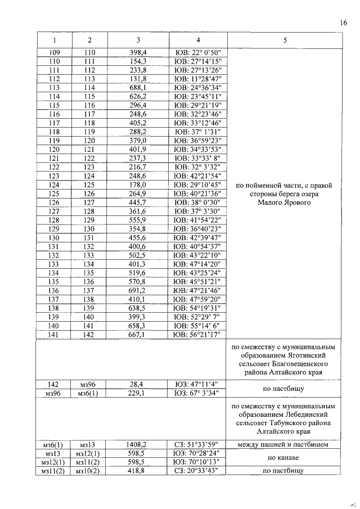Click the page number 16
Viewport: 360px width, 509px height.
[344, 22]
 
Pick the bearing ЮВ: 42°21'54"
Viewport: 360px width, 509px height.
[198, 175]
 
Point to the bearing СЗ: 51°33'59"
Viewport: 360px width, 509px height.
[198, 444]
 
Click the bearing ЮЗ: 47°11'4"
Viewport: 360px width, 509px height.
[198, 384]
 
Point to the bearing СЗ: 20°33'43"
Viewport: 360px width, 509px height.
[198, 471]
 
